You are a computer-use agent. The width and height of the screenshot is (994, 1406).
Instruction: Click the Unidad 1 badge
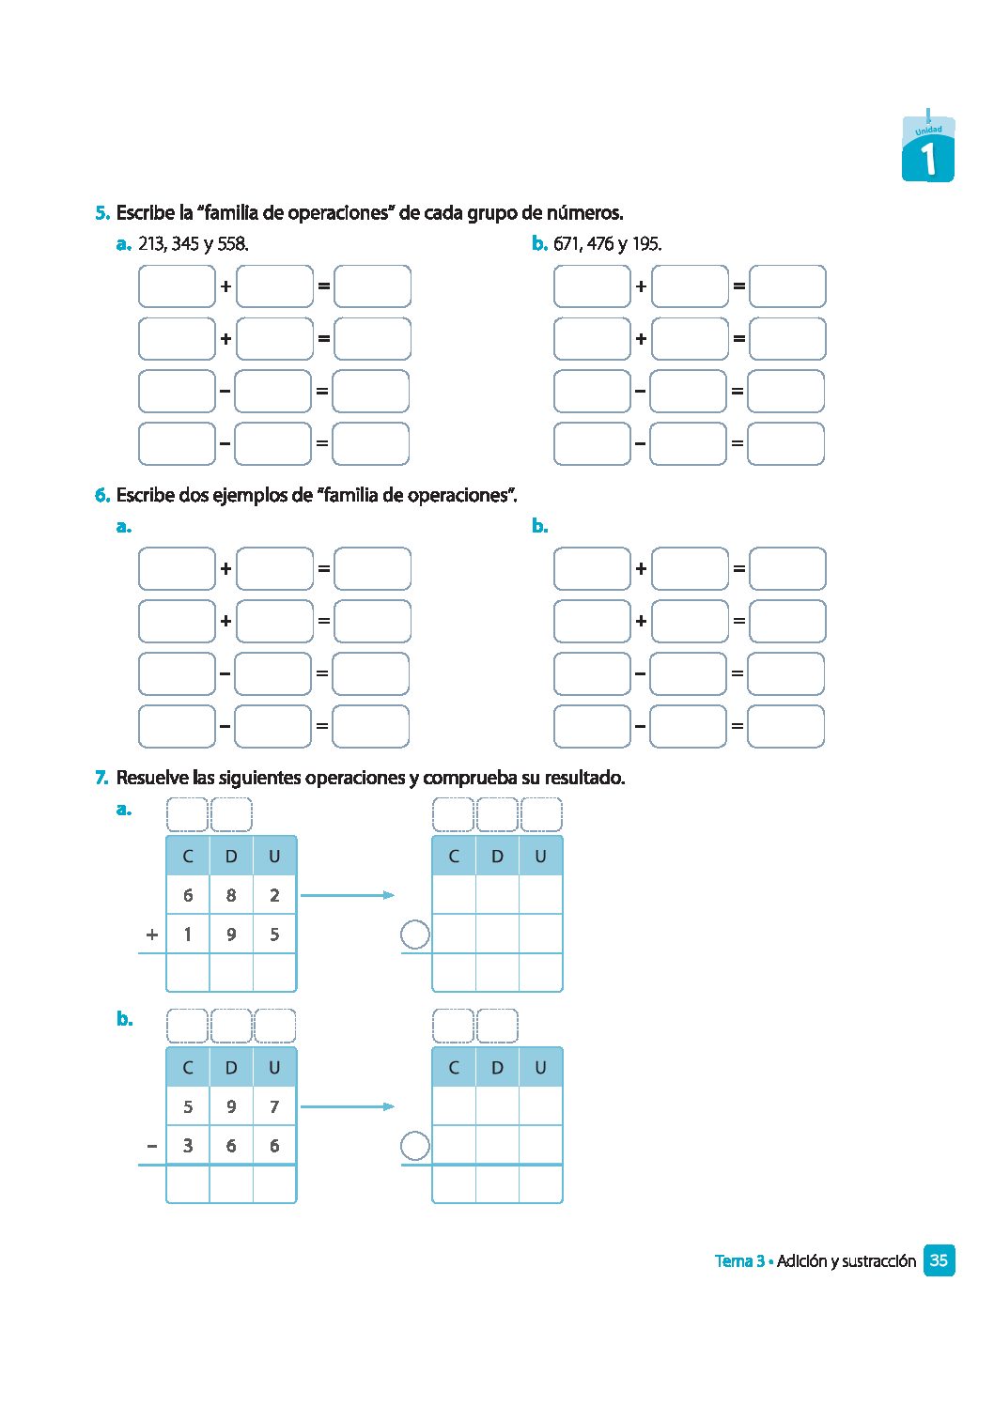click(x=928, y=150)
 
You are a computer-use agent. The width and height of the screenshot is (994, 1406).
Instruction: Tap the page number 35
click(x=939, y=1260)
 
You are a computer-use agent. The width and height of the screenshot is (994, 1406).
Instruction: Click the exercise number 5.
click(x=102, y=213)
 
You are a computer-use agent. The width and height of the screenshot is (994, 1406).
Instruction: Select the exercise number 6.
click(x=102, y=495)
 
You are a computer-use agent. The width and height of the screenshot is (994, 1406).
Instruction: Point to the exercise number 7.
click(x=102, y=778)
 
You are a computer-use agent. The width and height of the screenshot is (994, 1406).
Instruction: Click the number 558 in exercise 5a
click(x=232, y=244)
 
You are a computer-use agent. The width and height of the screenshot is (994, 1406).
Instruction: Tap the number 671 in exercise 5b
click(x=567, y=244)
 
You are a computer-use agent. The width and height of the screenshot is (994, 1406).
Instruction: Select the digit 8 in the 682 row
click(x=231, y=895)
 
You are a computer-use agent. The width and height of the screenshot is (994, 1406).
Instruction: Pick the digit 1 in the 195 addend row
click(x=188, y=935)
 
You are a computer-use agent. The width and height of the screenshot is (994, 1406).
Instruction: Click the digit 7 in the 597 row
click(x=274, y=1106)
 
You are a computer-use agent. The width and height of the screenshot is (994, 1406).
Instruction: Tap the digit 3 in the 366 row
click(x=188, y=1146)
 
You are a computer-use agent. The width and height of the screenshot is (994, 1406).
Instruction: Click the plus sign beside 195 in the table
click(x=152, y=935)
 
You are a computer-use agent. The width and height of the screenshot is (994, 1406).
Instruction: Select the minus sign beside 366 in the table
click(x=152, y=1146)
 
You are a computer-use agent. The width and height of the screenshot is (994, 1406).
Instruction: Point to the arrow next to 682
click(x=347, y=895)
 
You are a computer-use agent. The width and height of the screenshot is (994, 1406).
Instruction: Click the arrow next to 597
click(x=347, y=1106)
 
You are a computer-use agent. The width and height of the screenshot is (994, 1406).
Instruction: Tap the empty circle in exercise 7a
click(x=414, y=935)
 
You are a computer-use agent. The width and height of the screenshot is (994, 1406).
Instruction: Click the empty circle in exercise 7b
click(x=414, y=1146)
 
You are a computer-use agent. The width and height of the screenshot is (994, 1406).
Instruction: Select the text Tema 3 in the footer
click(x=739, y=1261)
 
